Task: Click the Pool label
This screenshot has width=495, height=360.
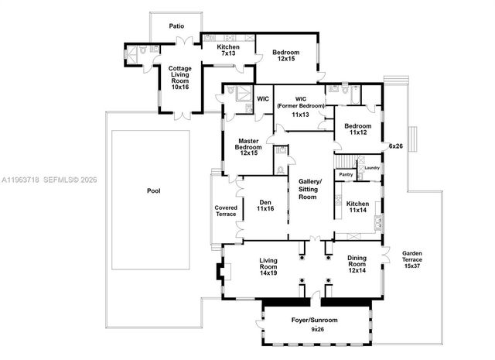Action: point(153,190)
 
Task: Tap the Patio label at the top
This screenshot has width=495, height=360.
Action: point(177,26)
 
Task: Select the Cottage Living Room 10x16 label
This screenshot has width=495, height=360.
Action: point(180,77)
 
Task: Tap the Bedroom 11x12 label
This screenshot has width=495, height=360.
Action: point(358,130)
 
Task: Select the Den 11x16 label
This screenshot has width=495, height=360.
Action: point(266,206)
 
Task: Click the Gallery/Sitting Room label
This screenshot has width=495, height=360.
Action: point(308,189)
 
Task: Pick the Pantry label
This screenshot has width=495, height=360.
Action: point(345,174)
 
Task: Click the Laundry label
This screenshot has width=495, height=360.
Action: point(371,168)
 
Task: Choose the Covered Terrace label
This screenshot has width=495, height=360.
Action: point(225,211)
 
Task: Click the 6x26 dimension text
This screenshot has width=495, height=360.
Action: point(396,145)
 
